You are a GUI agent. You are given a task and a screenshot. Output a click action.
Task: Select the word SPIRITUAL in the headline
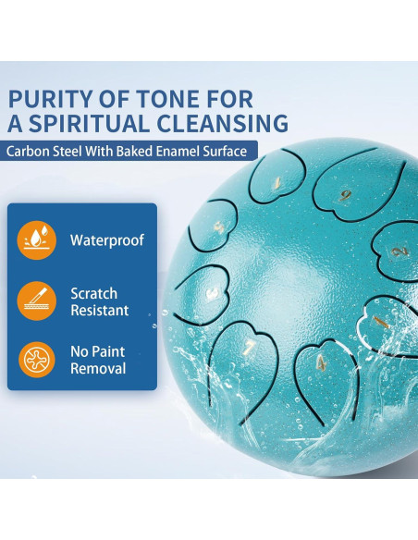[90, 123]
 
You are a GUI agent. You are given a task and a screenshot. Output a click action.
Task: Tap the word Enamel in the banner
[178, 152]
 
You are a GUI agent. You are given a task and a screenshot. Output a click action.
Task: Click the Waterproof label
[107, 240]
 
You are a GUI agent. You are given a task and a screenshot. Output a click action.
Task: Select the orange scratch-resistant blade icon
[36, 301]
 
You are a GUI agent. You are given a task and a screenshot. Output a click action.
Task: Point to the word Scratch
[94, 293]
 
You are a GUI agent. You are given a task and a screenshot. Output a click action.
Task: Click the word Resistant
[100, 311]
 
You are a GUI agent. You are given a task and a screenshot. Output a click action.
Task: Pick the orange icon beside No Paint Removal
[36, 360]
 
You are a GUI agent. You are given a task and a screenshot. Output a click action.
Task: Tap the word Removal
[98, 369]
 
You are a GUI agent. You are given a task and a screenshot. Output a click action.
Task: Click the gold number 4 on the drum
[321, 362]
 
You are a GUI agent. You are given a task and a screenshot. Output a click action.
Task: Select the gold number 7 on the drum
[250, 348]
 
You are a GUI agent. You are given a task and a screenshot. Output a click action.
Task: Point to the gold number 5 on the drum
[218, 227]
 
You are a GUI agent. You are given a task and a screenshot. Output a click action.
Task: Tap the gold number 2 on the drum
[400, 252]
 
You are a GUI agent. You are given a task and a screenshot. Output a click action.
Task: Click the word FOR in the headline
[230, 99]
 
